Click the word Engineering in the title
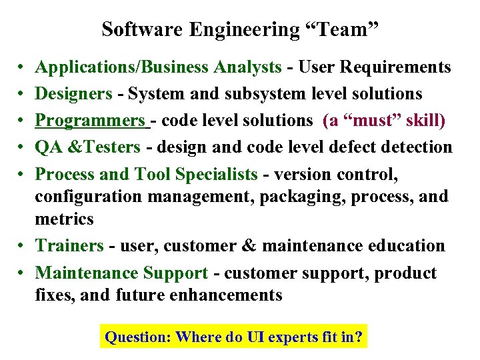245,30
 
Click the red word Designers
73,94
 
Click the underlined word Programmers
90,121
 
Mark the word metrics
64,219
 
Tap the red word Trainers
69,245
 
